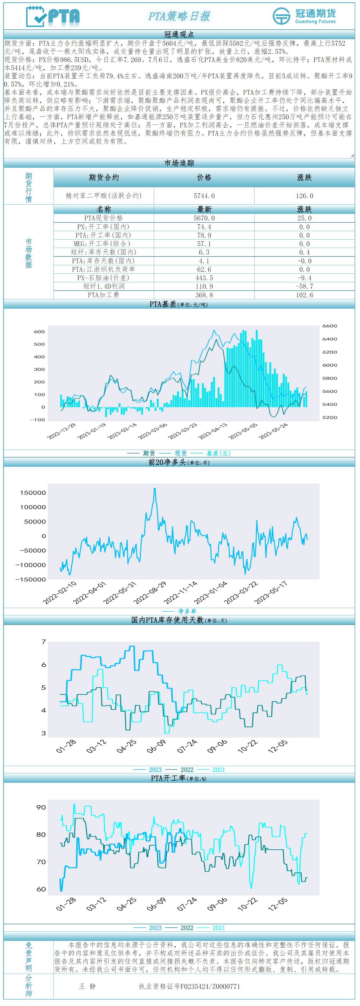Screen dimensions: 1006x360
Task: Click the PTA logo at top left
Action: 53,16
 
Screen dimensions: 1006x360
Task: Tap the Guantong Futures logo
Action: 304,16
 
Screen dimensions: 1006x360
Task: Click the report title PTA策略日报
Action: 179,16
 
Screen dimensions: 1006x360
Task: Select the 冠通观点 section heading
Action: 179,34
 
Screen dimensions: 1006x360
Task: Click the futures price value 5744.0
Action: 204,196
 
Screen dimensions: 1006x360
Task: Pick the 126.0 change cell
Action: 304,196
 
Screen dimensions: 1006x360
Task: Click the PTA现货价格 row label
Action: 103,218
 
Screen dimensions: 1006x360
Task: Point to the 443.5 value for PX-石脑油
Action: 204,278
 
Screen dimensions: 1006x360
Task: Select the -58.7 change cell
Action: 304,286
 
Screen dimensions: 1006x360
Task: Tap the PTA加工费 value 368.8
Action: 204,295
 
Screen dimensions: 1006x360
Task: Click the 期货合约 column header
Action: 103,177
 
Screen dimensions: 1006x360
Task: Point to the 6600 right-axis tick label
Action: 330,326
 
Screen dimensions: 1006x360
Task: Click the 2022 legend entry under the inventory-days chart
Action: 187,770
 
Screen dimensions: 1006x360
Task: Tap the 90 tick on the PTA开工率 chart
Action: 41,808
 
